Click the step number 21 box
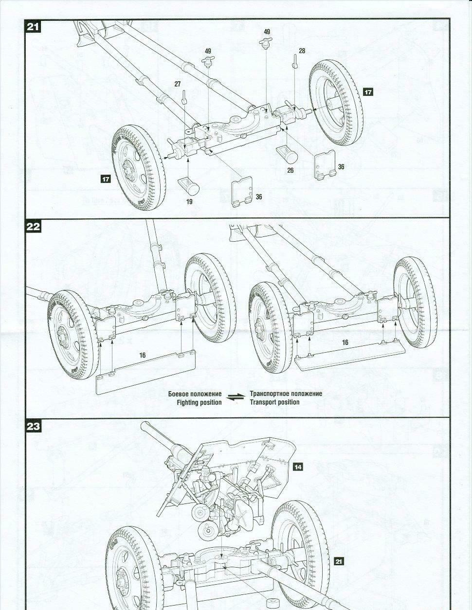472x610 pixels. [x=34, y=26]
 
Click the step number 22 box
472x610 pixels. [x=34, y=227]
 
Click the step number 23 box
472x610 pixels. [x=34, y=427]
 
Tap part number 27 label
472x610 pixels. [x=178, y=84]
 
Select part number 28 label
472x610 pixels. [x=302, y=51]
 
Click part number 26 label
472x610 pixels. [x=290, y=170]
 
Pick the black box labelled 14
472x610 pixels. [x=298, y=466]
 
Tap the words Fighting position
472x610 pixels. [x=199, y=402]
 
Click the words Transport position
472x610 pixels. [x=275, y=402]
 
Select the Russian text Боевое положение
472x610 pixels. [x=195, y=394]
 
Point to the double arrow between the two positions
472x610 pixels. [x=236, y=398]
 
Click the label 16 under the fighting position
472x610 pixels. [x=143, y=356]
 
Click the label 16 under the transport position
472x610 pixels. [x=345, y=342]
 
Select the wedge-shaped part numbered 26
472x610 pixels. [x=288, y=154]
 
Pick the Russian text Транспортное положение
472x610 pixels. [x=286, y=394]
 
